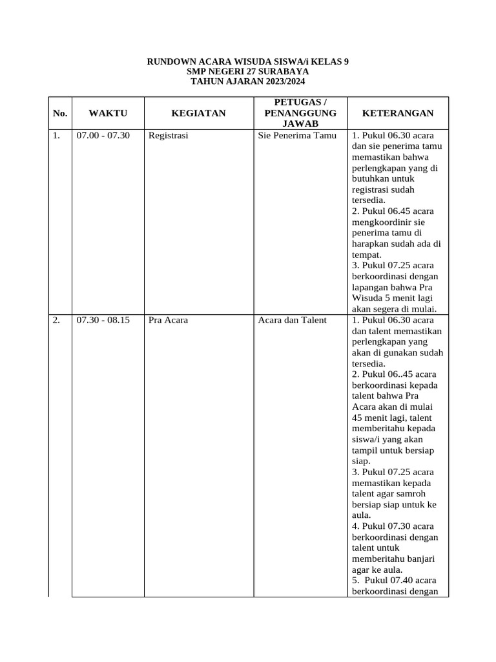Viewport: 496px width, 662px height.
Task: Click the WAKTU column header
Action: click(108, 113)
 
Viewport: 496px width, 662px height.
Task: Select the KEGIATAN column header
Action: click(198, 113)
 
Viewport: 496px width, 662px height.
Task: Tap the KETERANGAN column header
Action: click(398, 113)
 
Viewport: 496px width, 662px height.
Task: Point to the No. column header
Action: click(60, 113)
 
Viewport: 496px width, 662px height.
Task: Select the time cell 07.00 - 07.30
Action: click(103, 136)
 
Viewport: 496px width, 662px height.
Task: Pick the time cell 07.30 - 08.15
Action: click(103, 320)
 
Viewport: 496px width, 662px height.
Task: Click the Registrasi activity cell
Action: click(168, 136)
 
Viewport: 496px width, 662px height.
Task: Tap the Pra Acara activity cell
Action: click(168, 320)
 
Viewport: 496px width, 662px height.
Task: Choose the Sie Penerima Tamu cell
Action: click(297, 136)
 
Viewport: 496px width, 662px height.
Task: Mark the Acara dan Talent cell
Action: click(292, 320)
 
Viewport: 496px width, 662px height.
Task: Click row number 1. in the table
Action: click(57, 136)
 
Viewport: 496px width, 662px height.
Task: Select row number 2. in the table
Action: click(57, 320)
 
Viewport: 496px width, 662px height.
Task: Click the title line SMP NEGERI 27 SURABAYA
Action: click(248, 72)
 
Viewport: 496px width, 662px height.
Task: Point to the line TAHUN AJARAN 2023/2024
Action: click(248, 82)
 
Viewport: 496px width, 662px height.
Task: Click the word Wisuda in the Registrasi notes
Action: click(367, 298)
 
